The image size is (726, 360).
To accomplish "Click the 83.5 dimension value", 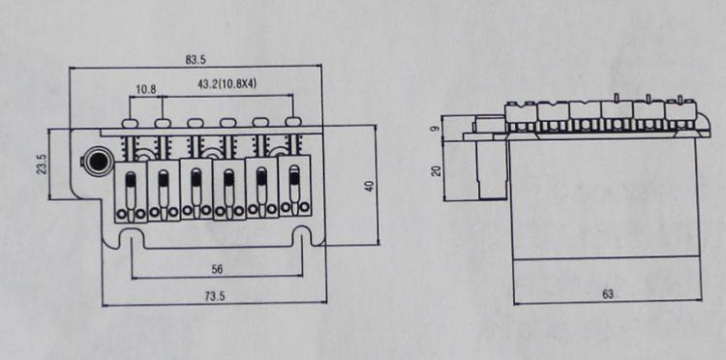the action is pos(196,60).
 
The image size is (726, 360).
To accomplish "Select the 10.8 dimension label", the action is pos(146,89).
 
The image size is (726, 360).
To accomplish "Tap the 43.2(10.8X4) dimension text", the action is pos(227,85).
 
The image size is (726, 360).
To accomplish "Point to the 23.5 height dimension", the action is pos(42,165).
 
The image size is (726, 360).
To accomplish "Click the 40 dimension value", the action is pos(370,186).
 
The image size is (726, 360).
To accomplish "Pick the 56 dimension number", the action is pos(216,270).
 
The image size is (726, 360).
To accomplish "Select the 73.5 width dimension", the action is pos(214,296).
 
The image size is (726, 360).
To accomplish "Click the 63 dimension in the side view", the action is pos(608,294).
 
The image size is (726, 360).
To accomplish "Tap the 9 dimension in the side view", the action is pos(436,128).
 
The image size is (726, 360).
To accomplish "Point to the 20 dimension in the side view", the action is pos(436,171).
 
